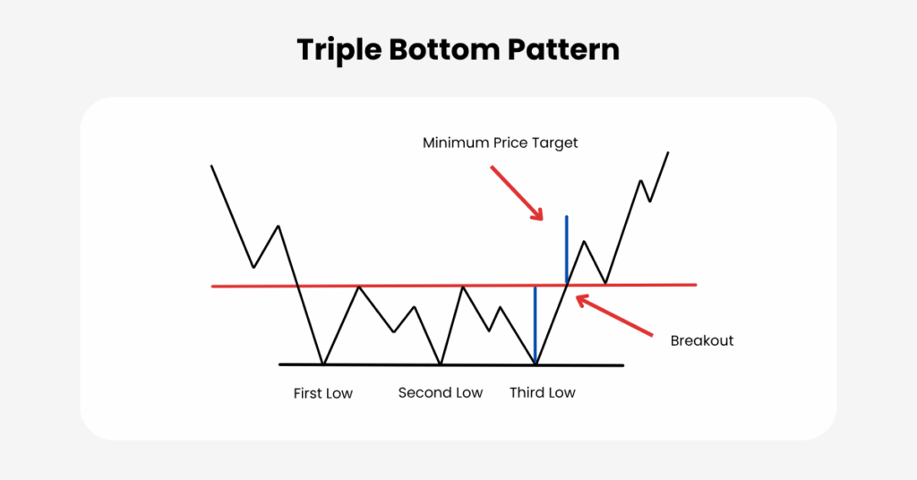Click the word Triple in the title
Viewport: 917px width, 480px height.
click(339, 50)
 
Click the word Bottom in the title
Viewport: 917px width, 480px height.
click(444, 49)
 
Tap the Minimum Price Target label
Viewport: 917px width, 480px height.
click(500, 143)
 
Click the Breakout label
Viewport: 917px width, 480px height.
click(702, 341)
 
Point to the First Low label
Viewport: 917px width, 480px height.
click(322, 393)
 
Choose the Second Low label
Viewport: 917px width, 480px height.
click(441, 393)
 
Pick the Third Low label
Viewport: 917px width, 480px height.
click(542, 393)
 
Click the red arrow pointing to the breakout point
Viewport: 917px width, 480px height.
click(614, 316)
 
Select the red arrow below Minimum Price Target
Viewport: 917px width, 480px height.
click(517, 193)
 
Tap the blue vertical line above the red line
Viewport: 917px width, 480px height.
click(566, 250)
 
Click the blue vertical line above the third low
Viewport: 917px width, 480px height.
click(536, 324)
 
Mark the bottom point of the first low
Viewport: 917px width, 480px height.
click(323, 364)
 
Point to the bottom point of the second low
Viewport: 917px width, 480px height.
click(441, 364)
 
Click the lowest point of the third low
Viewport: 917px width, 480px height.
click(536, 364)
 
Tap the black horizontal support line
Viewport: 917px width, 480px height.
click(451, 364)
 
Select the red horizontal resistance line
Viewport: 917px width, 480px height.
click(454, 286)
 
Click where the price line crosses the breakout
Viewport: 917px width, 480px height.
click(567, 285)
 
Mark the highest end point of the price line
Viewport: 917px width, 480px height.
click(668, 152)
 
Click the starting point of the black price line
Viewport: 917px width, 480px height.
click(211, 166)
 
